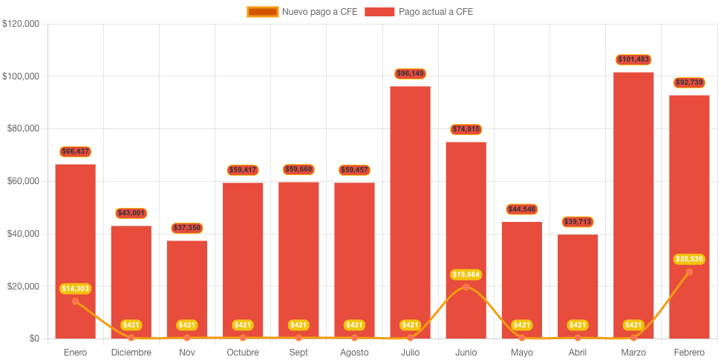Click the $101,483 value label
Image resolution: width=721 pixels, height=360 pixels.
[x=633, y=59]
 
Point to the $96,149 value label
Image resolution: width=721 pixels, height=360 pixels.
[x=410, y=73]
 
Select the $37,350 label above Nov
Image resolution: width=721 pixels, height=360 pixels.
[x=187, y=228]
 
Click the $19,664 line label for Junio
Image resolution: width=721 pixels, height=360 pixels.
[x=466, y=275]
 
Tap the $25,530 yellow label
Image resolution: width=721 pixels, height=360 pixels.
[x=689, y=259]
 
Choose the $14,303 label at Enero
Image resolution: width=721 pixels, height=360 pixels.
[x=75, y=288]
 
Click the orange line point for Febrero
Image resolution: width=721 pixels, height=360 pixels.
[x=689, y=272]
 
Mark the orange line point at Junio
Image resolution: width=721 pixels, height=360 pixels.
[x=466, y=287]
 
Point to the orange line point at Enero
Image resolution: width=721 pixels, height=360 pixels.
[x=75, y=301]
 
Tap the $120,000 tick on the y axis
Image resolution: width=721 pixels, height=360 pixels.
[x=21, y=24]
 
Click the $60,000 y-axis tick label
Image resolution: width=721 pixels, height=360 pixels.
[x=23, y=181]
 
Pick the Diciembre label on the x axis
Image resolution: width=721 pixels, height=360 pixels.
[x=131, y=352]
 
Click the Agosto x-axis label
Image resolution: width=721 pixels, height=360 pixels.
[x=354, y=352]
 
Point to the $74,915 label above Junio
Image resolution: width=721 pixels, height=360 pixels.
[x=466, y=129]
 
